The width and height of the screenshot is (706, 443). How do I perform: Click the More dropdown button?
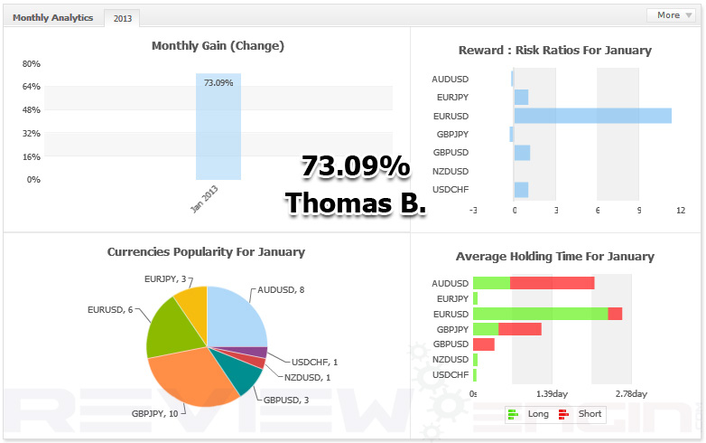[673, 15]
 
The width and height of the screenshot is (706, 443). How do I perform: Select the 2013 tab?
[122, 18]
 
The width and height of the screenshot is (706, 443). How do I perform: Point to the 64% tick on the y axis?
[31, 87]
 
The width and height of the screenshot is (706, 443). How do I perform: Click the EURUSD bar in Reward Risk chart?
[592, 116]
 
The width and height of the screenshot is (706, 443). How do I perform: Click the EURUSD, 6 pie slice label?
[110, 310]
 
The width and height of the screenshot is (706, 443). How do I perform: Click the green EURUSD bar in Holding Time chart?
[540, 314]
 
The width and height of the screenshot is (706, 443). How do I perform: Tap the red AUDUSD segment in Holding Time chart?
[552, 283]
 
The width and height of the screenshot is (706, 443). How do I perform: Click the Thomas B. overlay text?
[355, 203]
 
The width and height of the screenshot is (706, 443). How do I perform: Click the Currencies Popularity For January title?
[206, 252]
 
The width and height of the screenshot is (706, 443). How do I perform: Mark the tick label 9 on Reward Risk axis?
[639, 210]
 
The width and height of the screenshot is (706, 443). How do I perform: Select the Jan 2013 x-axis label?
[205, 199]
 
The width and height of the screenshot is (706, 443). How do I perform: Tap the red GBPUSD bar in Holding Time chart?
[484, 344]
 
